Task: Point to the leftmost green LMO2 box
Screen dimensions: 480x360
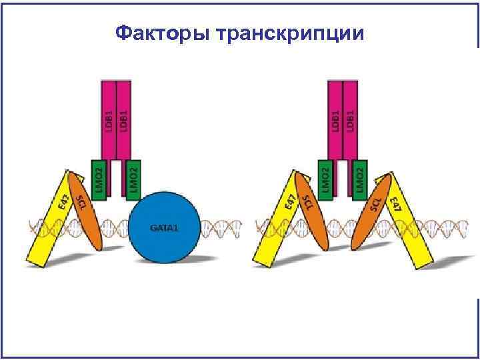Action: click(x=99, y=179)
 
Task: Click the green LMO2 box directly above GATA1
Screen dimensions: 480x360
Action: click(x=133, y=179)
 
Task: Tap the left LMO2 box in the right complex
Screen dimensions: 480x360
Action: click(x=325, y=179)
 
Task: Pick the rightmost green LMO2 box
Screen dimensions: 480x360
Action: click(x=360, y=179)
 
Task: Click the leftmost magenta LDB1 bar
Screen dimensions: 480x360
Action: click(x=108, y=120)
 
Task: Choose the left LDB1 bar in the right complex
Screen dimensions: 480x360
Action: click(x=335, y=120)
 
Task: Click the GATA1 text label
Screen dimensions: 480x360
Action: click(x=163, y=228)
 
